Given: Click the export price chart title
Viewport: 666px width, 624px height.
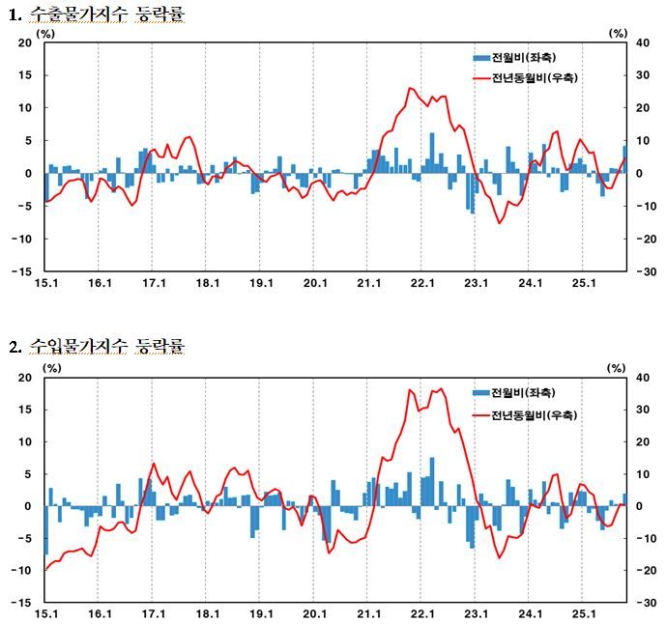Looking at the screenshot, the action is pyautogui.click(x=97, y=14).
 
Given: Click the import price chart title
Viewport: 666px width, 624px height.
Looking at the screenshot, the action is pyautogui.click(x=97, y=347).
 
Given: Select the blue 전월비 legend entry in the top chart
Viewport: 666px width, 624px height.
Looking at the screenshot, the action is pyautogui.click(x=514, y=57).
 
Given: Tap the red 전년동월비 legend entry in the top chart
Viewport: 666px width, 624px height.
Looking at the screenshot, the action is pyautogui.click(x=526, y=78).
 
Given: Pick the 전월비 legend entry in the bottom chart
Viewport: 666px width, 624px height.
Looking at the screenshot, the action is pyautogui.click(x=514, y=392).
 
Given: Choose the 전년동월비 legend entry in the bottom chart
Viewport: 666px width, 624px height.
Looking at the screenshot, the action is pyautogui.click(x=526, y=414).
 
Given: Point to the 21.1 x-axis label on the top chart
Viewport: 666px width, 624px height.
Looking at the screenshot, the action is pyautogui.click(x=368, y=283).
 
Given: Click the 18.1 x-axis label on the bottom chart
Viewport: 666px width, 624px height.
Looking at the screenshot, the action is pyautogui.click(x=207, y=613).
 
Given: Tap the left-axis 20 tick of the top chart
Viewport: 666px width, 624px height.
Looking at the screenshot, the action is pyautogui.click(x=25, y=43).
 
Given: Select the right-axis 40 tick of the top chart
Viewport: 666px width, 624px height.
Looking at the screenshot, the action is pyautogui.click(x=642, y=43).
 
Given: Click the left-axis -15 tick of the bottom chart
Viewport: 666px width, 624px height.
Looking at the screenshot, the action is pyautogui.click(x=21, y=602).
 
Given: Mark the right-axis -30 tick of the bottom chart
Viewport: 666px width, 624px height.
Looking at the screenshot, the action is pyautogui.click(x=646, y=602).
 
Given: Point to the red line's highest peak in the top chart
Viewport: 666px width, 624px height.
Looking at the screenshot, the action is pyautogui.click(x=410, y=88).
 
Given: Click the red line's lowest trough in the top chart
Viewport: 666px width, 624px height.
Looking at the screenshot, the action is pyautogui.click(x=500, y=223).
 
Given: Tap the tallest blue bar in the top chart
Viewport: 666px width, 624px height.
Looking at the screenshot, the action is pyautogui.click(x=432, y=153).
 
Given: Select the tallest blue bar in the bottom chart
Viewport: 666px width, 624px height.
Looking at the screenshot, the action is pyautogui.click(x=432, y=482).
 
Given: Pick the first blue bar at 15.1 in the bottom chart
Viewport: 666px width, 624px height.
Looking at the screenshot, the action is pyautogui.click(x=46, y=530).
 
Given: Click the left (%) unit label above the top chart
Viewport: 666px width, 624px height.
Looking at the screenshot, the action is pyautogui.click(x=45, y=34).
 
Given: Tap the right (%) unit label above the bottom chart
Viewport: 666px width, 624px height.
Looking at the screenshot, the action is pyautogui.click(x=617, y=368).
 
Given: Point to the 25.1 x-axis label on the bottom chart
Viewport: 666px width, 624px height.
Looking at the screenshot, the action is pyautogui.click(x=584, y=613).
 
